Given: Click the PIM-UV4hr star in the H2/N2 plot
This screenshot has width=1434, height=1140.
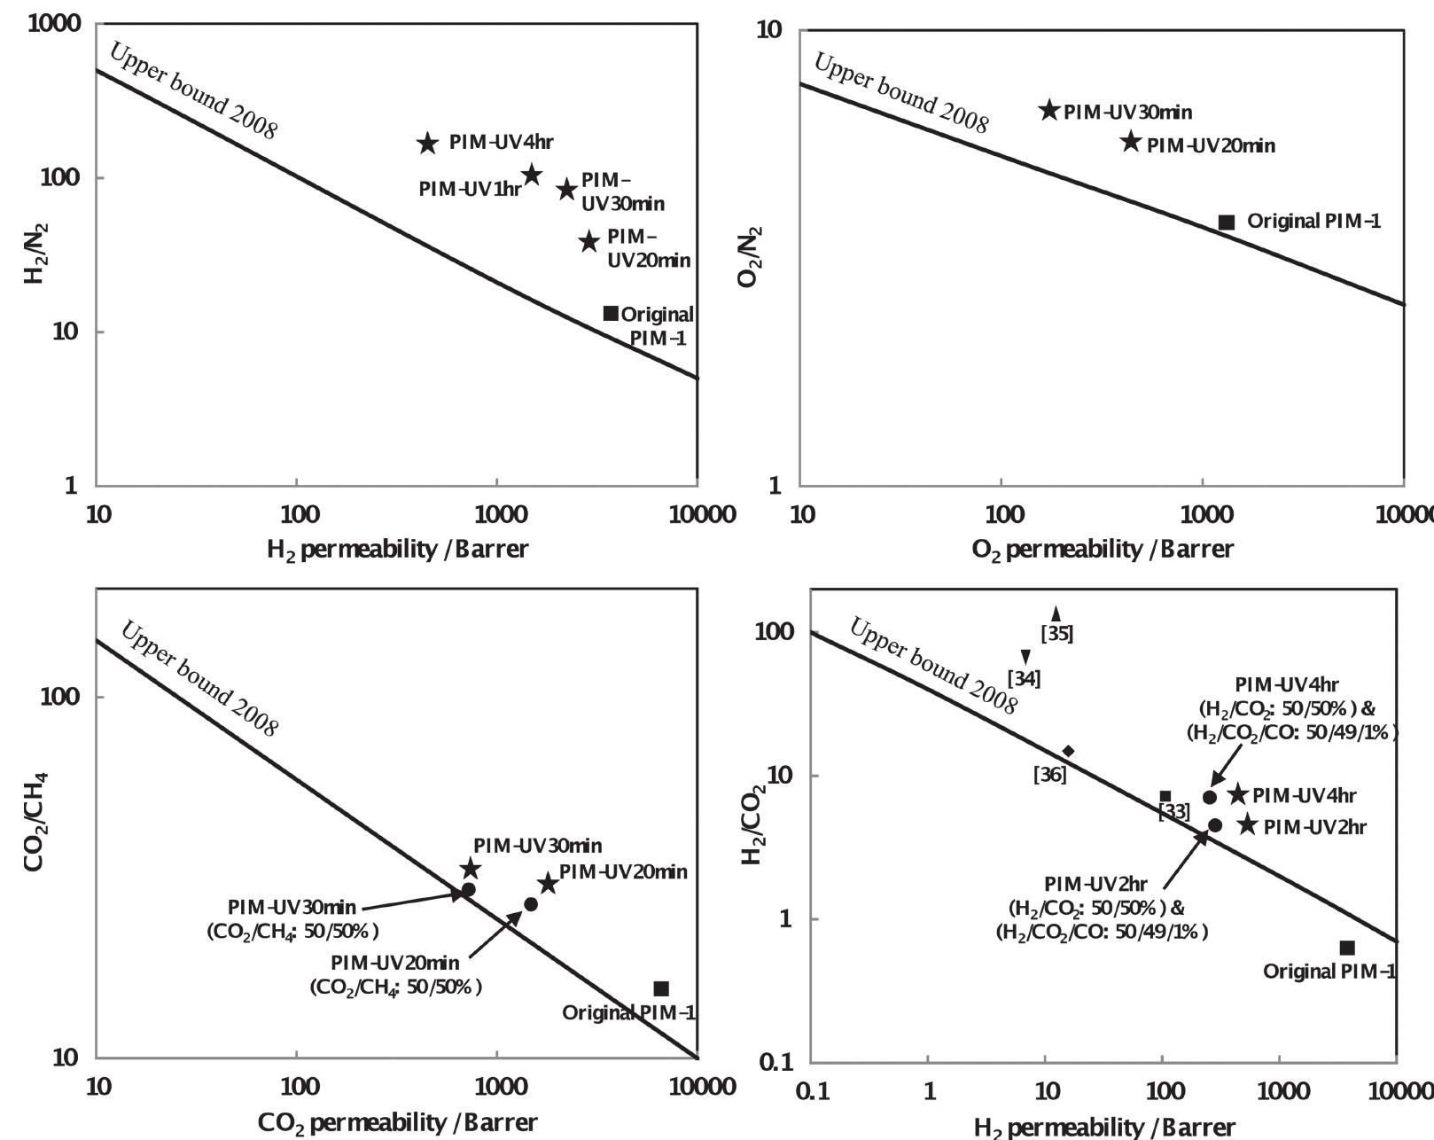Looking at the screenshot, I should (427, 143).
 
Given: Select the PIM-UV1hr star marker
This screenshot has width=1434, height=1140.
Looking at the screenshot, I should (532, 175).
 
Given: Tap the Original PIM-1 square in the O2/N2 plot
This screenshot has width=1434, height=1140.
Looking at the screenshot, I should (1227, 223).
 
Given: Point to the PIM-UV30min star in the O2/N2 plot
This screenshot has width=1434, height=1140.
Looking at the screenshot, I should (1049, 110).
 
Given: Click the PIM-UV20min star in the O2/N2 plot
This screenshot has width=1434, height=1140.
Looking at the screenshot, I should (1131, 141).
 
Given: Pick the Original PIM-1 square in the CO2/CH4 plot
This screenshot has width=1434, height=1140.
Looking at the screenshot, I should (661, 988).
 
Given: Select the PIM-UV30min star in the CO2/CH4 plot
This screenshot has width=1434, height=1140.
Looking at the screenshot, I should (471, 869).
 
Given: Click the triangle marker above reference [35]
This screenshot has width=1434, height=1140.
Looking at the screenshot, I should (1056, 613).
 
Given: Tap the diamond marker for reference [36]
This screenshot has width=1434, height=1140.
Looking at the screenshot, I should (1069, 751).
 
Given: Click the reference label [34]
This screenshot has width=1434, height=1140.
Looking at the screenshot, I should (1025, 678).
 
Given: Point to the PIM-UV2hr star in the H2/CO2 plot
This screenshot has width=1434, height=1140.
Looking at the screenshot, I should (1248, 824).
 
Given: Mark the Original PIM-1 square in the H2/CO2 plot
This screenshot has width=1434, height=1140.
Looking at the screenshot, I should (1347, 948).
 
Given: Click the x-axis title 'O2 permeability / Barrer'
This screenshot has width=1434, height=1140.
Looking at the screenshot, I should (1103, 550).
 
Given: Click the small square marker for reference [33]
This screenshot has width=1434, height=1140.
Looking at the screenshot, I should (1165, 796).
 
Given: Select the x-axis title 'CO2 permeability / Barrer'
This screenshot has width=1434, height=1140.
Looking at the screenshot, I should (398, 1122).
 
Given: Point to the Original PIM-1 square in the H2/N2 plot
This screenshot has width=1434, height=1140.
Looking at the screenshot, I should (611, 313).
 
